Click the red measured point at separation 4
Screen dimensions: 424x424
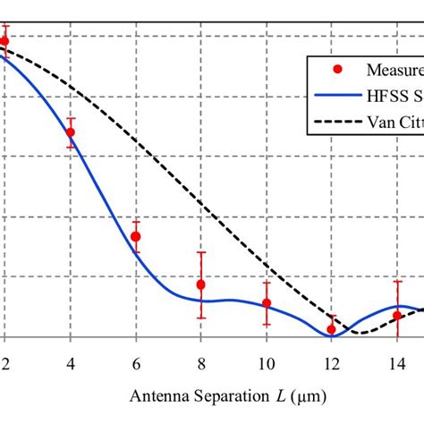pos(71,132)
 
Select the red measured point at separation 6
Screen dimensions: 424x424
pos(136,236)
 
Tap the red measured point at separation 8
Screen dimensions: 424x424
pos(201,284)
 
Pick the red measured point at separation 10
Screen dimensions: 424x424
pos(267,303)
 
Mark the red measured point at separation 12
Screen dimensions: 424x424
pos(332,329)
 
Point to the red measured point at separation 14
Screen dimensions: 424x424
pos(397,315)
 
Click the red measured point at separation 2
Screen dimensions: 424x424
pos(4,41)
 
